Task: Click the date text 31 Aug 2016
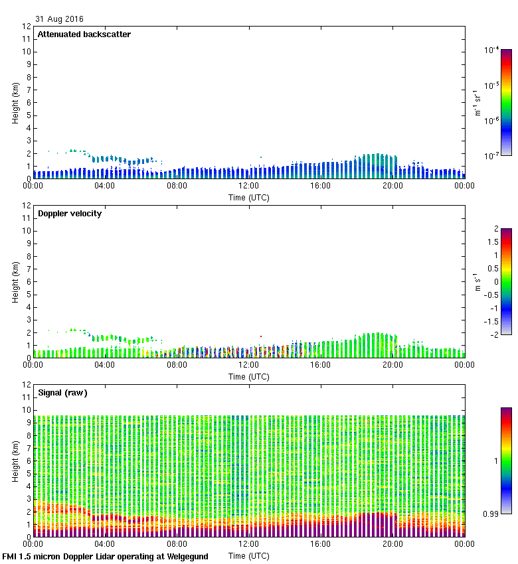(60, 19)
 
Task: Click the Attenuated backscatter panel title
(84, 35)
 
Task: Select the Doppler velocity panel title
(70, 214)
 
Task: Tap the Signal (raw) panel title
(62, 393)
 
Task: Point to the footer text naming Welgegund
(105, 557)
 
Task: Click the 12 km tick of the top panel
(27, 27)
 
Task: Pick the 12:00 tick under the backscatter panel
(249, 186)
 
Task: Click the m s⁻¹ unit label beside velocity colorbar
(477, 281)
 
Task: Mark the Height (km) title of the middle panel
(14, 282)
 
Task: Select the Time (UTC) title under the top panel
(249, 197)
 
